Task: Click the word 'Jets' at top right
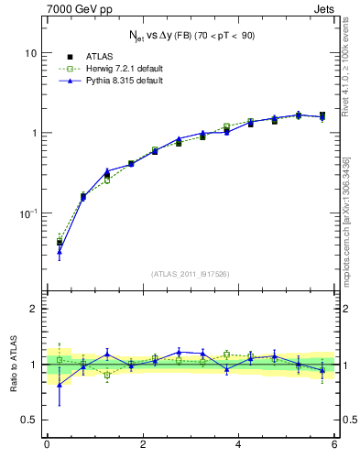pos(323,10)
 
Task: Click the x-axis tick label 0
pos(47,444)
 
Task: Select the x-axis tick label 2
pos(143,444)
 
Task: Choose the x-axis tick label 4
pos(239,444)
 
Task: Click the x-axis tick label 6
pos(334,444)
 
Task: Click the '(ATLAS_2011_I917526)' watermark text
pos(190,274)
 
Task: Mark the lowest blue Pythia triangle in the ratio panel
pos(60,385)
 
